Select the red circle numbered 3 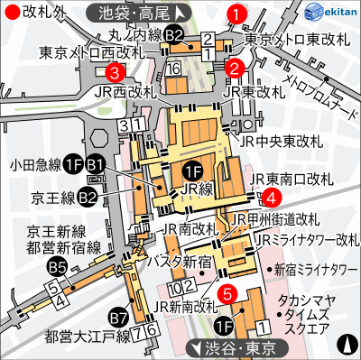[x=115, y=71]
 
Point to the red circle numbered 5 [x=228, y=292]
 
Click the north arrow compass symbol [x=348, y=344]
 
